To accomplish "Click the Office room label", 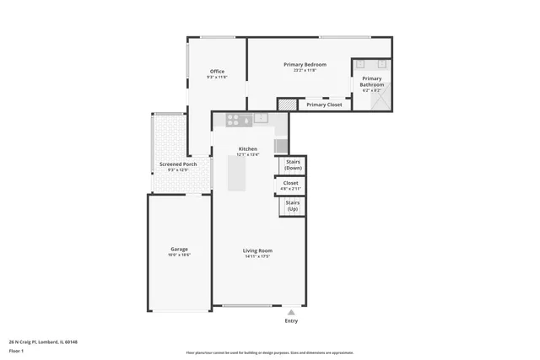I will coord(217,72).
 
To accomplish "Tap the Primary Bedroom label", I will coord(305,65).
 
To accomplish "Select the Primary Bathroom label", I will coord(372,82).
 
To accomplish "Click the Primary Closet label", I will coord(324,105).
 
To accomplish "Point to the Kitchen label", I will coord(247,149).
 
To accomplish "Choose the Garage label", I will coord(179,250).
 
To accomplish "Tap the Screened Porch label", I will coord(177,164).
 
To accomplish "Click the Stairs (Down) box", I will coord(293,164).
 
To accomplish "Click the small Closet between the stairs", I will coord(291,185).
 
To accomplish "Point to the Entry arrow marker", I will coord(291,312).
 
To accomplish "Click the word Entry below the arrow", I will coord(291,320).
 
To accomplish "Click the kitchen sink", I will coord(261,118).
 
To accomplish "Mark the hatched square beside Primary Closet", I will coord(288,105).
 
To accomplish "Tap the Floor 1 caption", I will coord(16,352).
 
